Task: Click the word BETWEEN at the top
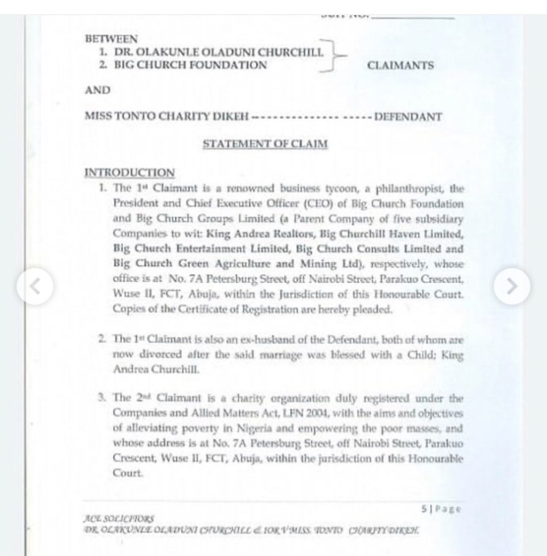[111, 39]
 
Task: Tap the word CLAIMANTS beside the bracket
[400, 66]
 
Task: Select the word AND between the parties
[98, 90]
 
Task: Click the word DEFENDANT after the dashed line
[409, 117]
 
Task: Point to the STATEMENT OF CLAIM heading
[265, 144]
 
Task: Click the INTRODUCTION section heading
[130, 173]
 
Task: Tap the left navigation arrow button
[35, 286]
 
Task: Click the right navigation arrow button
[511, 286]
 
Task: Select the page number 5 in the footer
[423, 509]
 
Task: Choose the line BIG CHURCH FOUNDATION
[190, 66]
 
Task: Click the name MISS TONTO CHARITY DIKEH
[167, 117]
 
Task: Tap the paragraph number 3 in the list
[101, 397]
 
